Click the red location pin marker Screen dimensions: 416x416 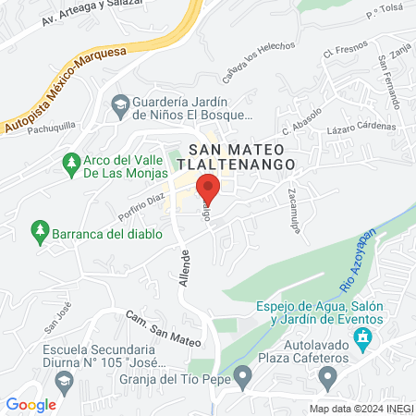[x=208, y=188]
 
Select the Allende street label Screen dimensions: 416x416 [x=185, y=267]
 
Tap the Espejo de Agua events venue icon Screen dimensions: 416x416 [x=363, y=335]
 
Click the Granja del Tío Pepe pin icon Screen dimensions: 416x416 [x=242, y=375]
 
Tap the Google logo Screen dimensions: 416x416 [x=31, y=404]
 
